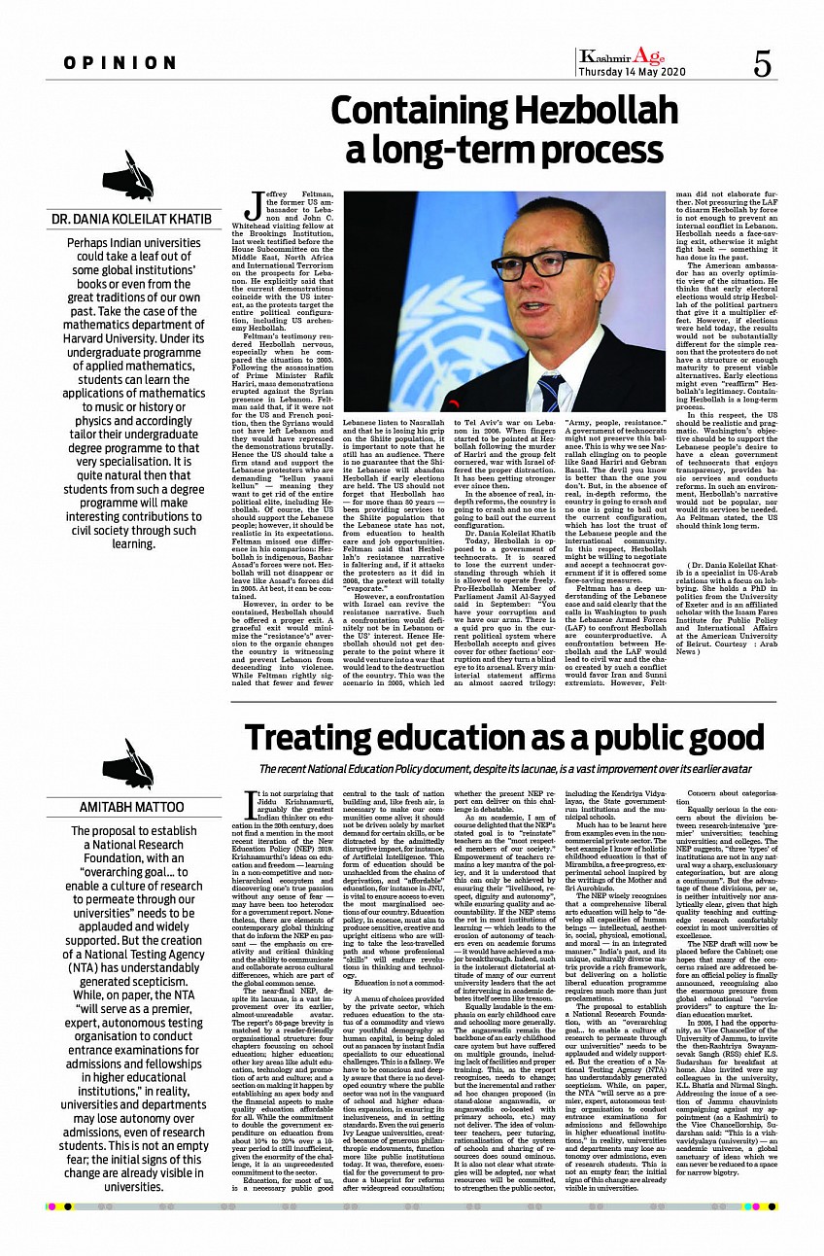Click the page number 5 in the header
[x=763, y=64]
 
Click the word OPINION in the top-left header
[x=120, y=63]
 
